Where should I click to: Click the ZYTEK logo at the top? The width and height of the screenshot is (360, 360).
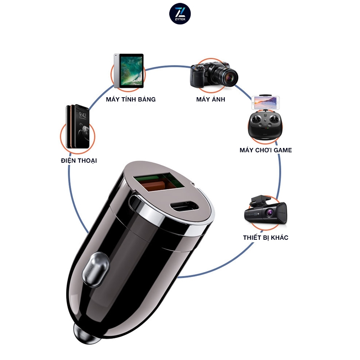pos(180,14)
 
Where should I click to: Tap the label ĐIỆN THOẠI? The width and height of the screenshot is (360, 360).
pos(79,161)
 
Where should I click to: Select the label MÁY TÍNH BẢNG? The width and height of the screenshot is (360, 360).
pos(131,99)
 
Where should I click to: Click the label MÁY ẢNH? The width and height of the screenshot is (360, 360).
pos(211,99)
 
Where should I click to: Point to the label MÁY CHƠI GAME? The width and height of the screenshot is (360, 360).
pos(266,150)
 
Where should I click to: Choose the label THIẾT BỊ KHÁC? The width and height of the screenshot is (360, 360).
pos(266,237)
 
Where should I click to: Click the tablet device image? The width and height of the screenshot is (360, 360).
pos(129,71)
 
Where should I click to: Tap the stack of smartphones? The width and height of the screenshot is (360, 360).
pos(78,126)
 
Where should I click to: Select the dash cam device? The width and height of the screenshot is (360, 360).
pos(265,210)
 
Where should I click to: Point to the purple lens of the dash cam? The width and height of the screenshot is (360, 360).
pos(269,213)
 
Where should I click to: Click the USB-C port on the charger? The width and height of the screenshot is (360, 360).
pos(184,206)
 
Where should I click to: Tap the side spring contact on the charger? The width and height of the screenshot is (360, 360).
pos(95,270)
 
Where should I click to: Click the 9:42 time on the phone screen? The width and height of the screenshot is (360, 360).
pos(83,115)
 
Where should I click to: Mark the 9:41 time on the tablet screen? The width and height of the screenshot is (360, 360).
pos(131,61)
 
